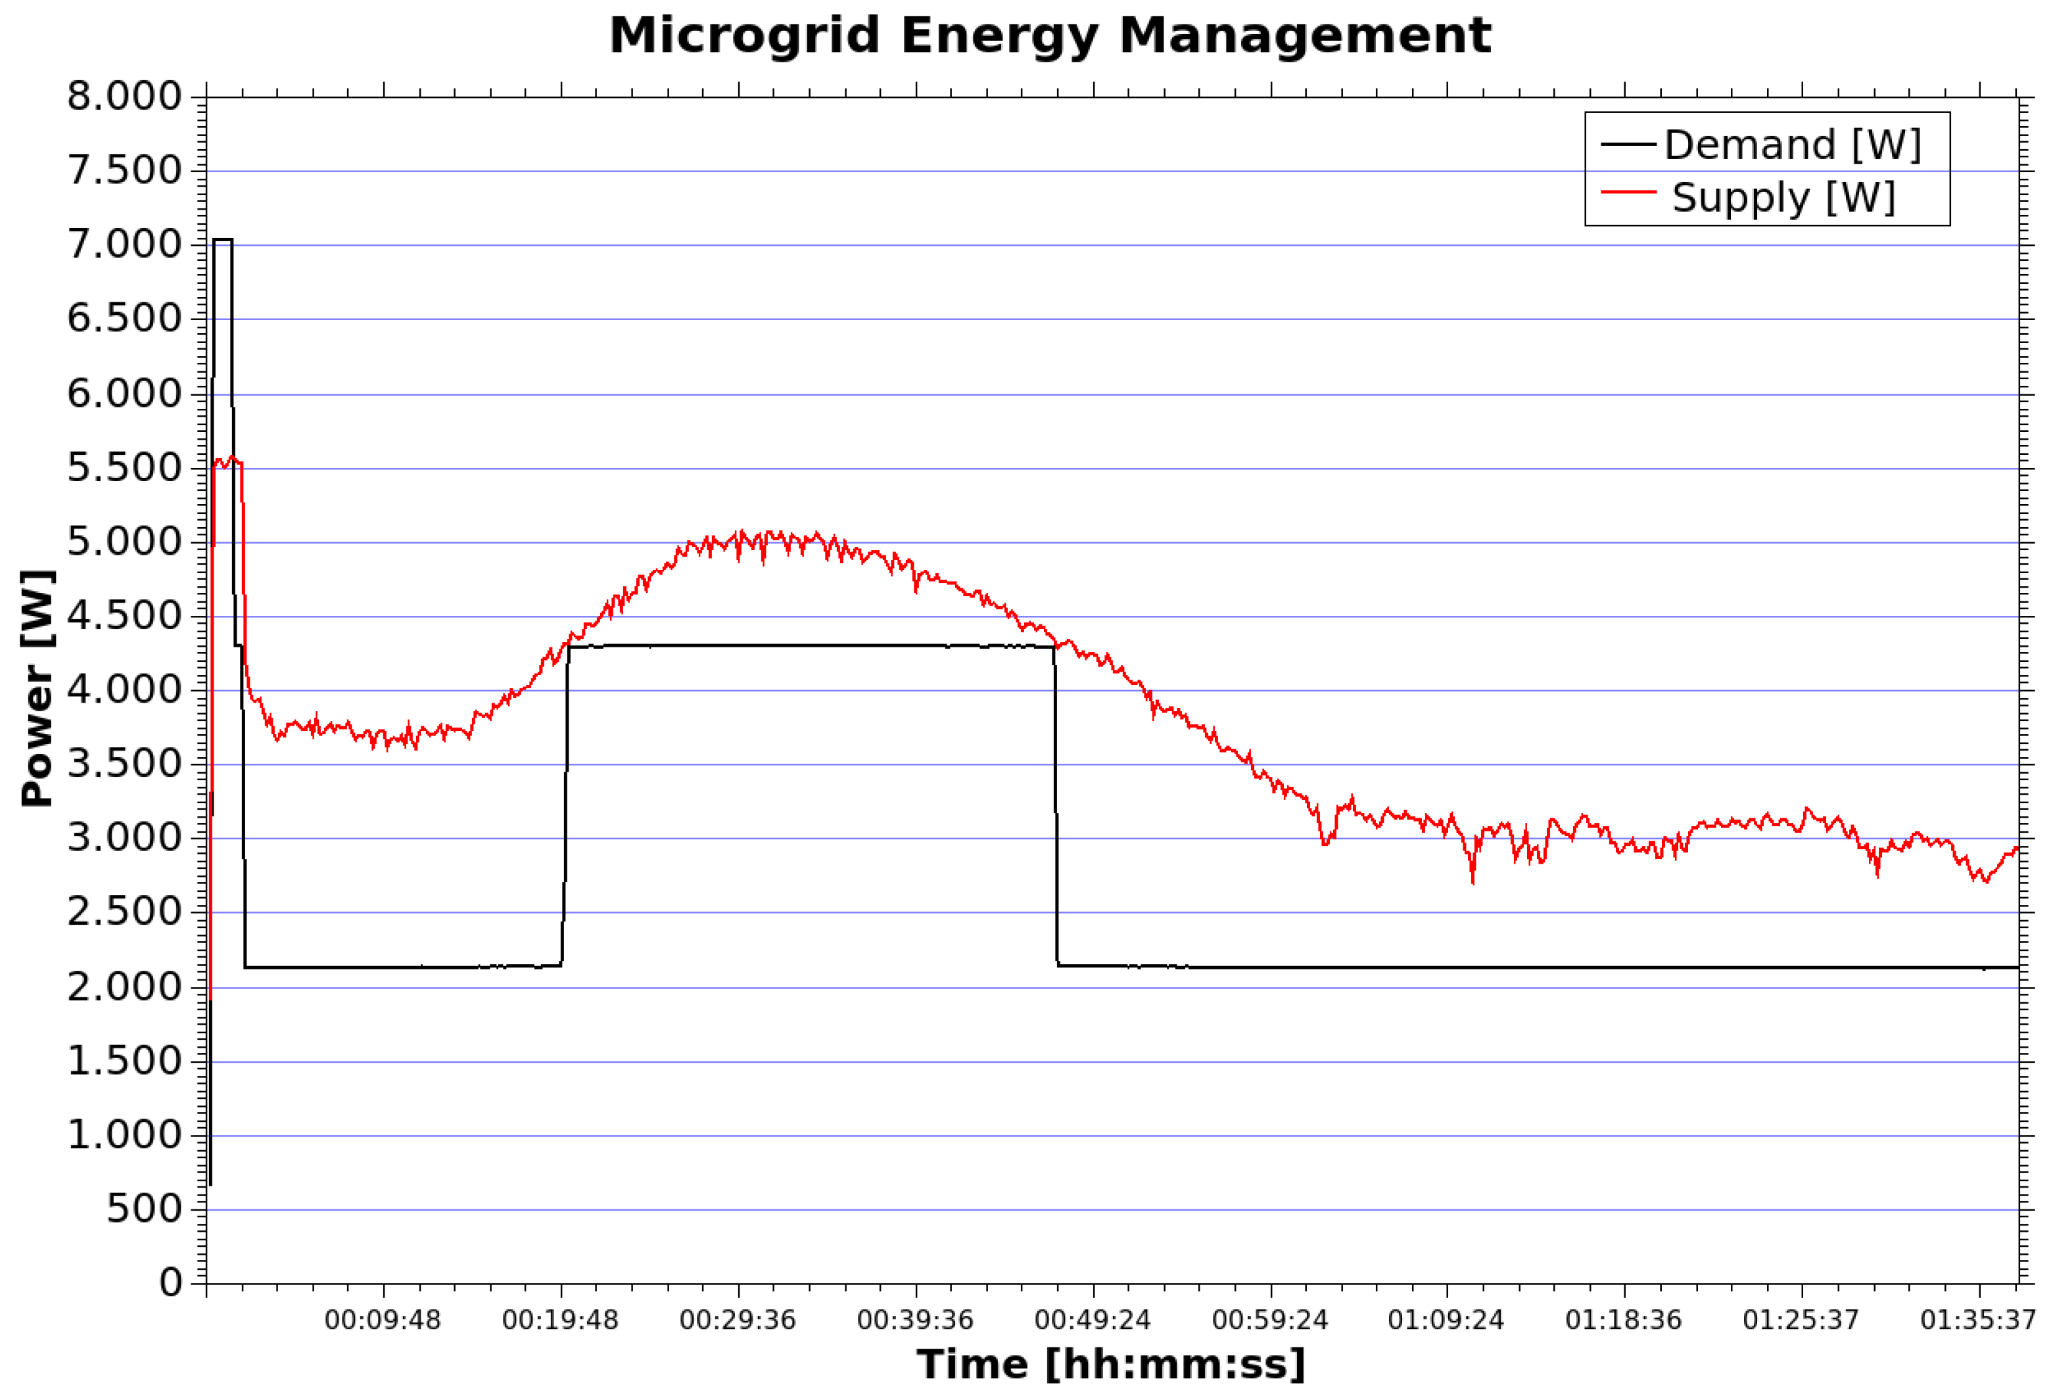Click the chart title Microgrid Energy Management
(1049, 37)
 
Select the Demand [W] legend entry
(1791, 145)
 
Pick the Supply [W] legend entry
(1783, 197)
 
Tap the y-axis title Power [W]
(37, 688)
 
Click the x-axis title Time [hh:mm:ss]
(1110, 1364)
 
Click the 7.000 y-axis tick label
(124, 244)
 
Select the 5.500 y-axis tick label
(124, 468)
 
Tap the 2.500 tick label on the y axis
(124, 912)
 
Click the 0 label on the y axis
(170, 1282)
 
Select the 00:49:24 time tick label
(1092, 1320)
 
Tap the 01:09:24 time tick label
(1446, 1320)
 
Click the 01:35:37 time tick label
(1978, 1320)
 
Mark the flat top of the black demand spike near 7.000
(222, 239)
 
